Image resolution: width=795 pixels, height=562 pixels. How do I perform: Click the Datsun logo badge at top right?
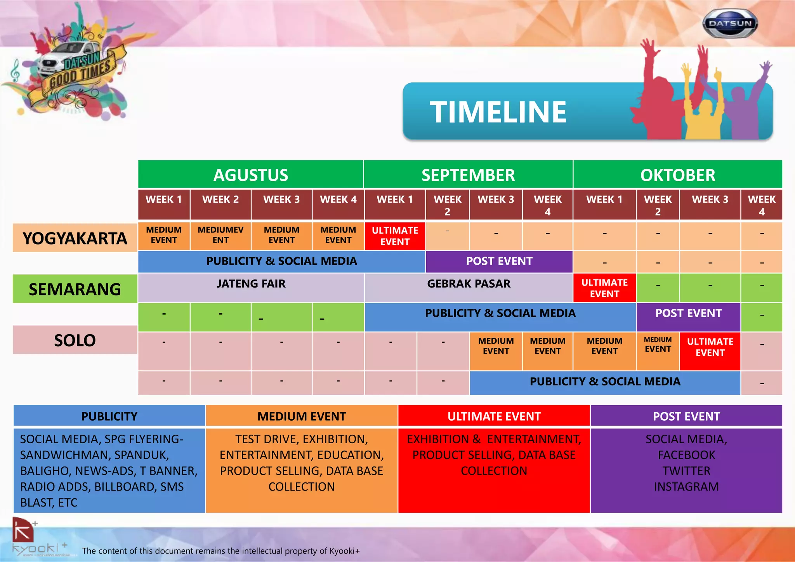(730, 24)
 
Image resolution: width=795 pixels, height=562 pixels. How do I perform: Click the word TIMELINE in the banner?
(498, 112)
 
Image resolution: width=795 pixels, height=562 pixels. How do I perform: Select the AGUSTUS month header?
(251, 175)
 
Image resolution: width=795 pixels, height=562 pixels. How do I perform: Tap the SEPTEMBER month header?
(468, 175)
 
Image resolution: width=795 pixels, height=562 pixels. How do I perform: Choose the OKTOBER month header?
(678, 175)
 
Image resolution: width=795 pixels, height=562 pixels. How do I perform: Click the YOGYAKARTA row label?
(75, 238)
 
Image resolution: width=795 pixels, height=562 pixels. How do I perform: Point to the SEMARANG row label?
(75, 289)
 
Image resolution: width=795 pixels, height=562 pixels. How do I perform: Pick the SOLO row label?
(75, 340)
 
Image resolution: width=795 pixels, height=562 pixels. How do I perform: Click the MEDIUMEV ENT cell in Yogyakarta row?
(220, 235)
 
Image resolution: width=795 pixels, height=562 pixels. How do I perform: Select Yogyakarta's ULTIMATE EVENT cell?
(395, 236)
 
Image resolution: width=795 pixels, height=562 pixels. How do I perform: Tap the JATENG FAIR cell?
(251, 287)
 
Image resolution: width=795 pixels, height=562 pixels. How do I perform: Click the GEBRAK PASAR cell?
(469, 287)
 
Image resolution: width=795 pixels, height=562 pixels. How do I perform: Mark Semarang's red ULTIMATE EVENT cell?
(604, 288)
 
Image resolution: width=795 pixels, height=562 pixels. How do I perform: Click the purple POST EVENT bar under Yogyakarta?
(499, 261)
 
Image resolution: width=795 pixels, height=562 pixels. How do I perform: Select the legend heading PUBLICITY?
(109, 416)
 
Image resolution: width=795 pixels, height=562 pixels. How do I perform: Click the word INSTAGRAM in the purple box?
(686, 486)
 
